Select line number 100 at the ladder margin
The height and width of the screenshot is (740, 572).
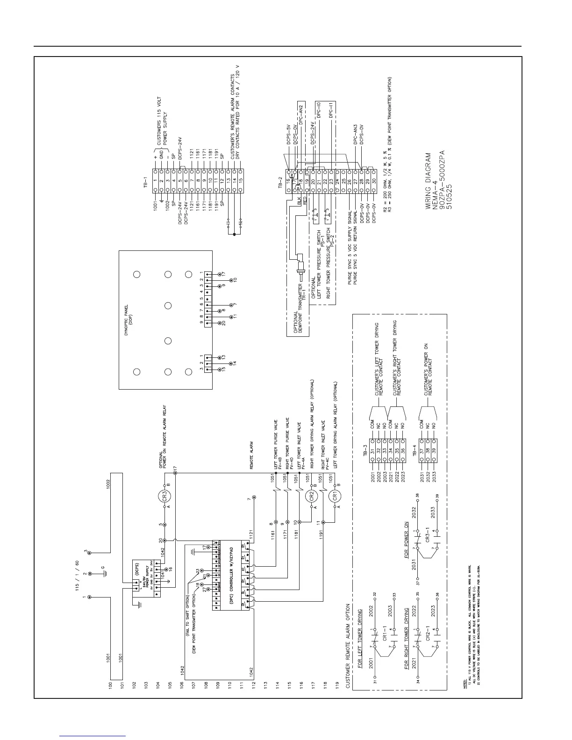tap(111, 685)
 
